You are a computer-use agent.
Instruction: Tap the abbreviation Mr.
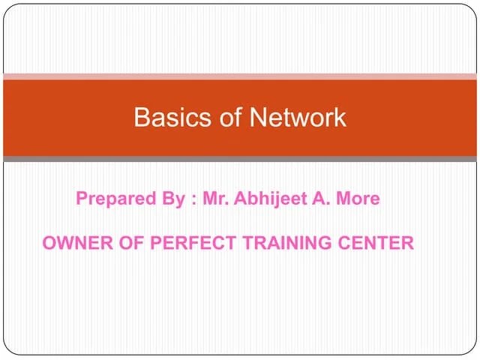215,199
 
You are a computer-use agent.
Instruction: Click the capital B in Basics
141,117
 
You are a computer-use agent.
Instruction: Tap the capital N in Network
257,117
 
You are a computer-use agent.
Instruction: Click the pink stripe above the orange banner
240,76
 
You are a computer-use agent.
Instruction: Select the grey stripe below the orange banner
240,159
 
